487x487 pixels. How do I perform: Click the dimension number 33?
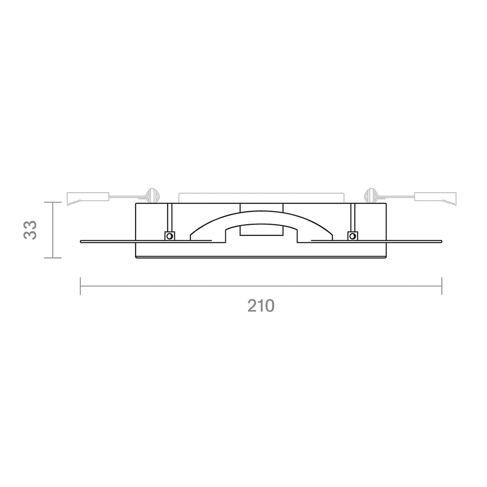point(30,230)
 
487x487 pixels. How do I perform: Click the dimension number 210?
point(261,306)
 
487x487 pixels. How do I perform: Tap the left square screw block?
point(170,236)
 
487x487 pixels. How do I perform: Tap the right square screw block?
point(353,236)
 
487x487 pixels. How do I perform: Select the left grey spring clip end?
point(88,198)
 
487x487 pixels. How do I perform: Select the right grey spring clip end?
point(435,198)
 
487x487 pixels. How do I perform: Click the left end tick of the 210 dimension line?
point(80,286)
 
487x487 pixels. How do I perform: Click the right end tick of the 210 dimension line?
point(442,286)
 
